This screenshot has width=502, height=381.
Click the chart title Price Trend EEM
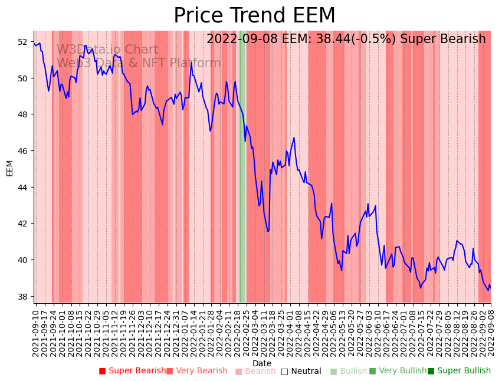coord(254,16)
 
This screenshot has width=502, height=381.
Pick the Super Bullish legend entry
coord(459,371)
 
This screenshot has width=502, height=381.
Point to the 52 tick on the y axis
coord(22,42)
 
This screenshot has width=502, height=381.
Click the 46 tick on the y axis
coord(22,151)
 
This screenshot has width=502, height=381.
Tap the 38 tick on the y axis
coord(22,296)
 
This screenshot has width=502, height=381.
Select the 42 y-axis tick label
coord(22,224)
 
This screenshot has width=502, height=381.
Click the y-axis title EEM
coord(9,168)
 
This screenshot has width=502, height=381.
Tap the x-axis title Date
coord(262,363)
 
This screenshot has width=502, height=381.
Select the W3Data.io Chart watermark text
coord(107,50)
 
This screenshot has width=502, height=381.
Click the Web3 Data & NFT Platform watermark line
coord(139,64)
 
